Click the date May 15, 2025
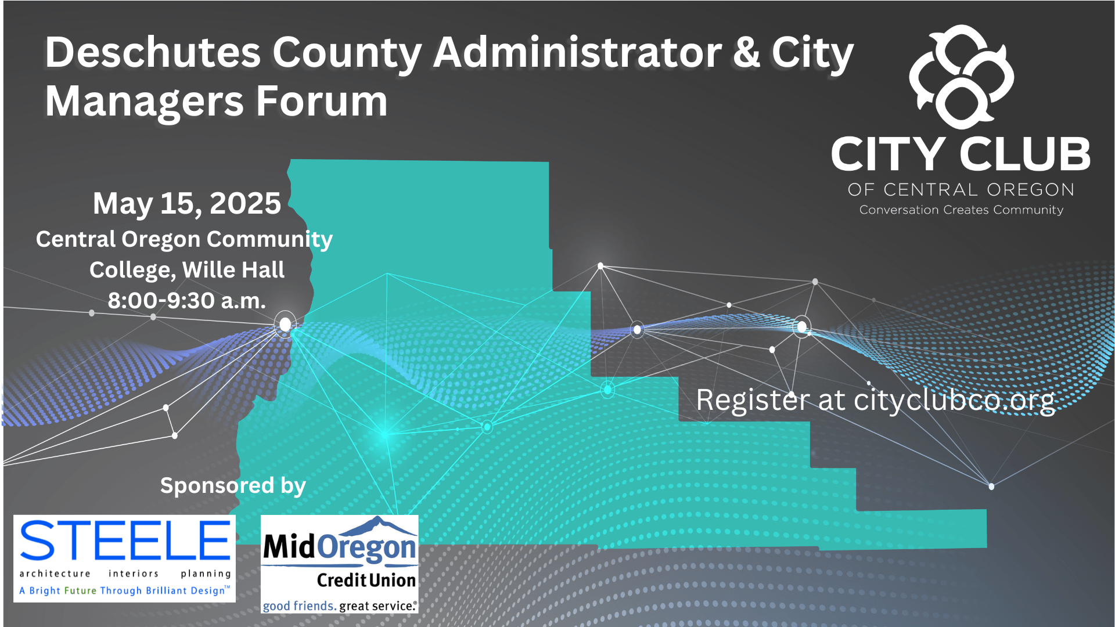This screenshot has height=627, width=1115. point(187,203)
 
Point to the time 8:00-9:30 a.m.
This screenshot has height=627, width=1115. point(187,301)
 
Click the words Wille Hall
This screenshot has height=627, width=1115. point(233,270)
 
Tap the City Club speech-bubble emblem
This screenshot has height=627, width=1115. point(961,76)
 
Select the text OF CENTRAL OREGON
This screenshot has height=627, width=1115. point(961,190)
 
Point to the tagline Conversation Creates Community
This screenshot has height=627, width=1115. point(961,210)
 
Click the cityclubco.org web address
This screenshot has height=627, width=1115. point(954,401)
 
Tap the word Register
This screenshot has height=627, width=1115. point(753,401)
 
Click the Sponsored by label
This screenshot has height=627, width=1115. point(233,486)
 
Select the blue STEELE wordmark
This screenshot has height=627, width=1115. point(125,540)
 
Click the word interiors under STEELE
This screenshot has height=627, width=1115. point(134,574)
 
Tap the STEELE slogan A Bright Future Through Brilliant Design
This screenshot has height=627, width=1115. point(125,590)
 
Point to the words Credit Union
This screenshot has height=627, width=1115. point(366,580)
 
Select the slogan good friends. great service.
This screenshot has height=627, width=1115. point(340,606)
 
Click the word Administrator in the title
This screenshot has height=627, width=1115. point(578,52)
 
